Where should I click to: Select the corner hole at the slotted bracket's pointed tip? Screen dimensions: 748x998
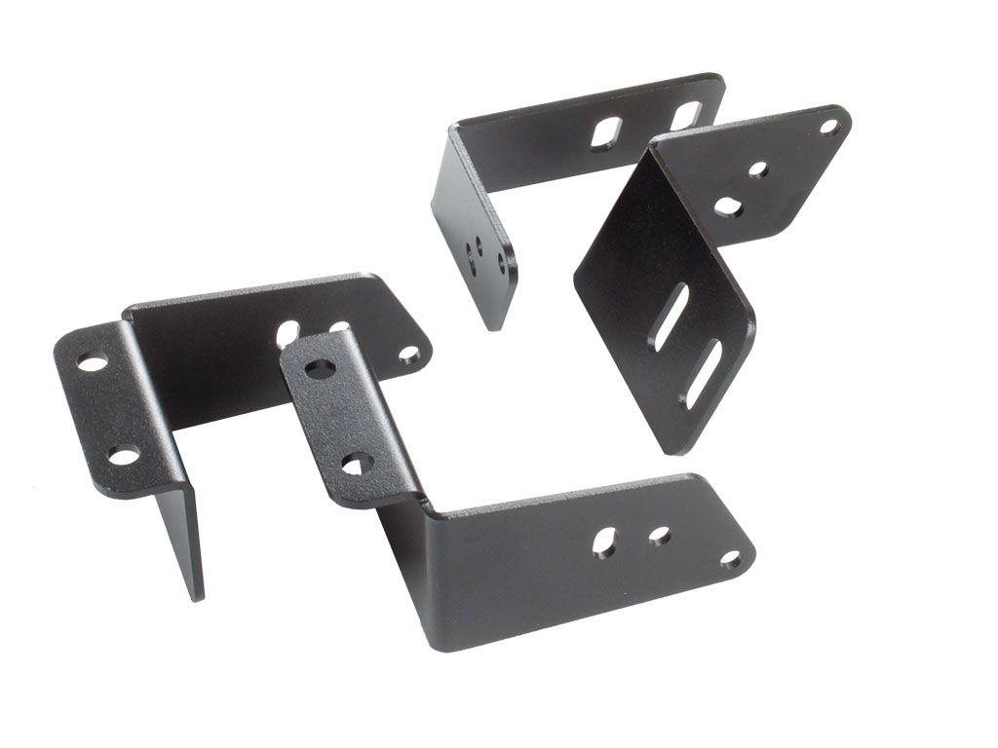[829, 125]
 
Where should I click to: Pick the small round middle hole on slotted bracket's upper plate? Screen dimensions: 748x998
[757, 169]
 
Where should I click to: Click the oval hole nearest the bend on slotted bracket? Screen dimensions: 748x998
[727, 206]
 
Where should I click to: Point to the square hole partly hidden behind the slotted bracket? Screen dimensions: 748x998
[685, 115]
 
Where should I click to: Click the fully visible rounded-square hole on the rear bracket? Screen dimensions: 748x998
[605, 132]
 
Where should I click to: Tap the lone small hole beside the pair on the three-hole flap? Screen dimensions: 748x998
[502, 262]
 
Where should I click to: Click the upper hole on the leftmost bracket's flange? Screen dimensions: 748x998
[92, 362]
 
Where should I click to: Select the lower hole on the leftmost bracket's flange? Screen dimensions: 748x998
[123, 454]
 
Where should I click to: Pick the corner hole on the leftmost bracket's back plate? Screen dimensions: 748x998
[410, 354]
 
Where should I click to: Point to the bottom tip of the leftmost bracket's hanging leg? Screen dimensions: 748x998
[197, 596]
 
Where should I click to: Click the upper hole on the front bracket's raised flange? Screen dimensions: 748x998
[320, 369]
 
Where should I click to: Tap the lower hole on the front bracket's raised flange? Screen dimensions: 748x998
[358, 463]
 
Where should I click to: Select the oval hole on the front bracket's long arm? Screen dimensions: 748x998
[604, 542]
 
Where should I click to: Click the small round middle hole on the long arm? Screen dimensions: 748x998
[660, 536]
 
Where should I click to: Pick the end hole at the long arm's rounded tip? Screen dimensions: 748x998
[732, 558]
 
